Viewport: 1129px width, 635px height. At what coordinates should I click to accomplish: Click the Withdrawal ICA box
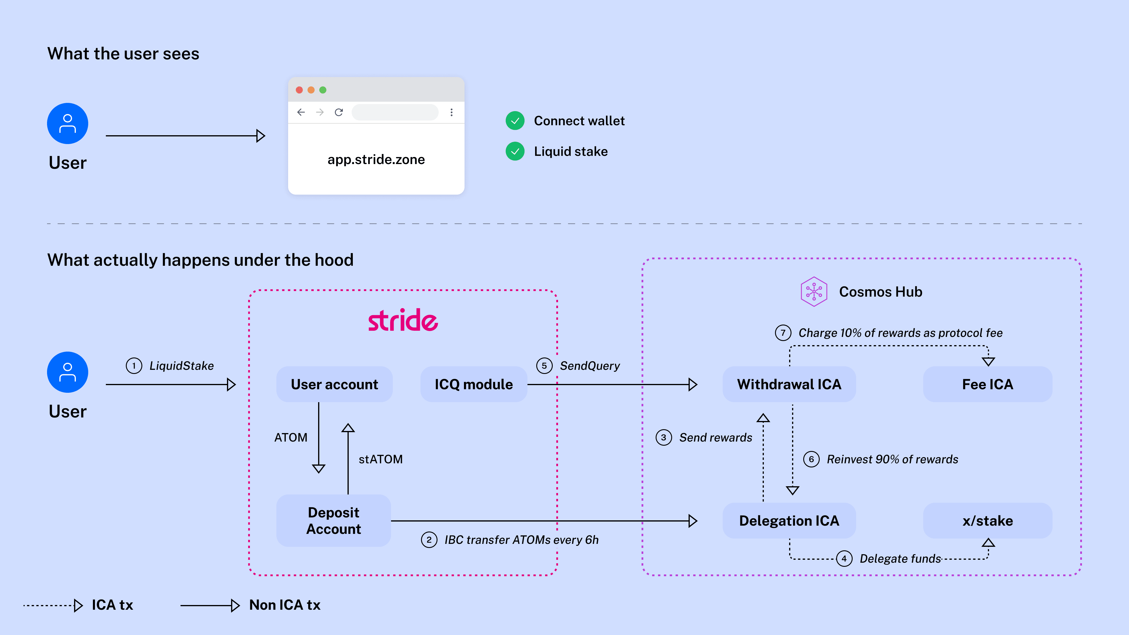click(789, 384)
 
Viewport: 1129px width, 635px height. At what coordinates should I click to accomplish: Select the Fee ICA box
click(988, 384)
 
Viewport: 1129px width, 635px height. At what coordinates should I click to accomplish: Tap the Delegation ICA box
click(789, 521)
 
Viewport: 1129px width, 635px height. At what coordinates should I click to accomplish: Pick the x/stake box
click(988, 521)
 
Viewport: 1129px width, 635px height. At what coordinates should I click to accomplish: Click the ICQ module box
click(474, 384)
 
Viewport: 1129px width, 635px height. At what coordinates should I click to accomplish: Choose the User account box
click(334, 384)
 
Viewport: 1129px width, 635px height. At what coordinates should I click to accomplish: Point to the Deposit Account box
click(333, 521)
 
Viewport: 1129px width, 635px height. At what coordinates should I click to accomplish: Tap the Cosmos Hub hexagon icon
click(814, 291)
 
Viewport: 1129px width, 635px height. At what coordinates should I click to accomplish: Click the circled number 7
click(783, 332)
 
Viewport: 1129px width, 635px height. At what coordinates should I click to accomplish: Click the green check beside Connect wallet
click(515, 121)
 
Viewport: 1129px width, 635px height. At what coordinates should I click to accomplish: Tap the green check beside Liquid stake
click(515, 151)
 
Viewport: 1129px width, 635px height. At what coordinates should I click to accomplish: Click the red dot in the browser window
click(299, 90)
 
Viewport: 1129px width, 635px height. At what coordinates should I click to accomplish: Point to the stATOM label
click(380, 459)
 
